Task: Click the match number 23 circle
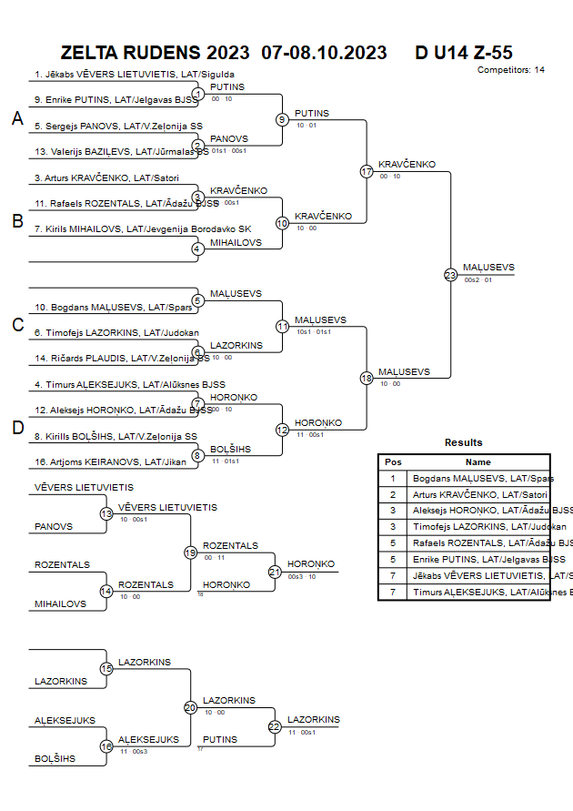coord(450,274)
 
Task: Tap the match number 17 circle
coord(367,171)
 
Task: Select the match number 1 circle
coord(198,93)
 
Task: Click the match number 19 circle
coord(191,552)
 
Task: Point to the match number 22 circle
coord(275,726)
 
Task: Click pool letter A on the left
coord(16,119)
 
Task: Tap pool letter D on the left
coord(16,428)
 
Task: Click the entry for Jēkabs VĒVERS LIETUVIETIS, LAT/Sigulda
coord(135,75)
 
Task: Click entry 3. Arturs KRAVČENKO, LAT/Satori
coord(106,177)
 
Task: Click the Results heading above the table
coord(464,442)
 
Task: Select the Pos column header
coord(394,461)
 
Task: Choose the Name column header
coord(477,461)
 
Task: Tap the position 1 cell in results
coord(394,478)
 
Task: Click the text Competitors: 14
coord(511,69)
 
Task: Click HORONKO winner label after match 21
coord(311,564)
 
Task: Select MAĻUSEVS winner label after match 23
coord(488,268)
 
